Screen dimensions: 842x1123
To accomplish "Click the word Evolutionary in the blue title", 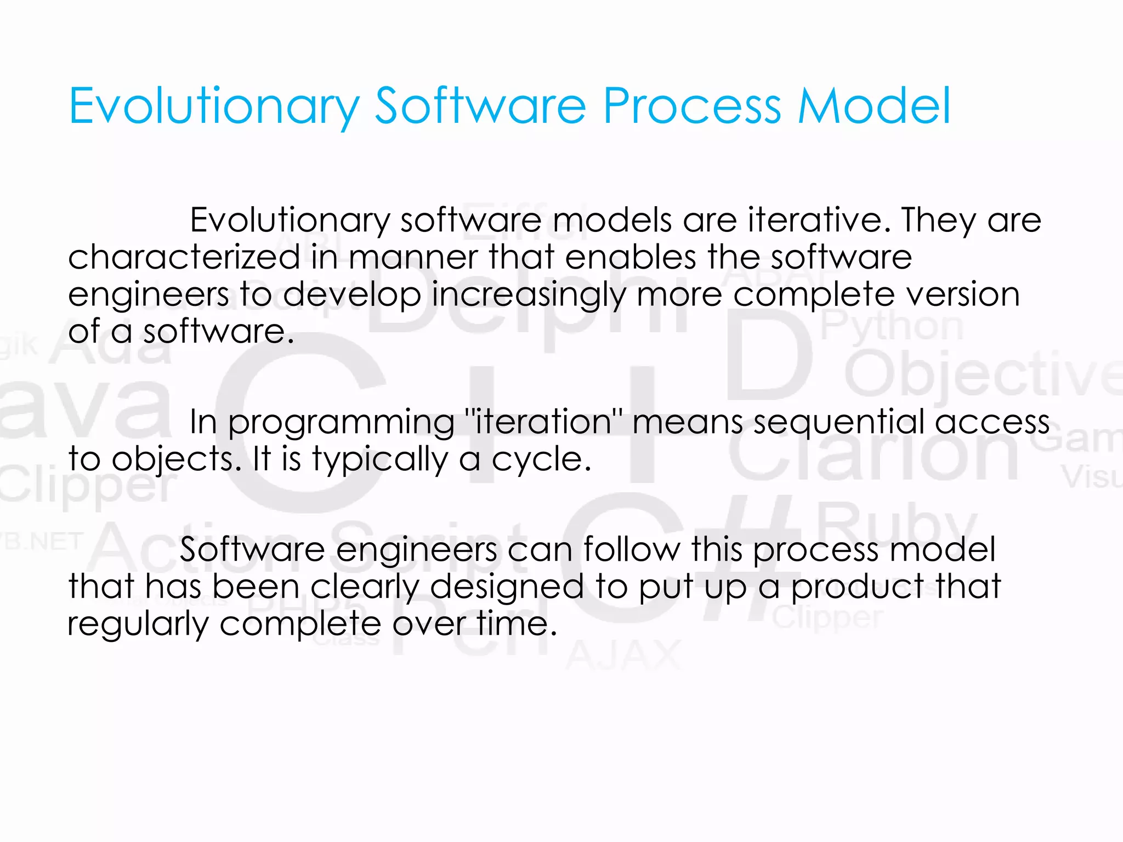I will pyautogui.click(x=214, y=107).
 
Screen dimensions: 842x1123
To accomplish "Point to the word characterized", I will pyautogui.click(x=184, y=258).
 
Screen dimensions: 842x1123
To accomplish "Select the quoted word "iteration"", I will pyautogui.click(x=543, y=422).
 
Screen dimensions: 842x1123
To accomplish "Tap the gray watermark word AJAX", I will pyautogui.click(x=623, y=656).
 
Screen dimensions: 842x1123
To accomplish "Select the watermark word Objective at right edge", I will pyautogui.click(x=982, y=375).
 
